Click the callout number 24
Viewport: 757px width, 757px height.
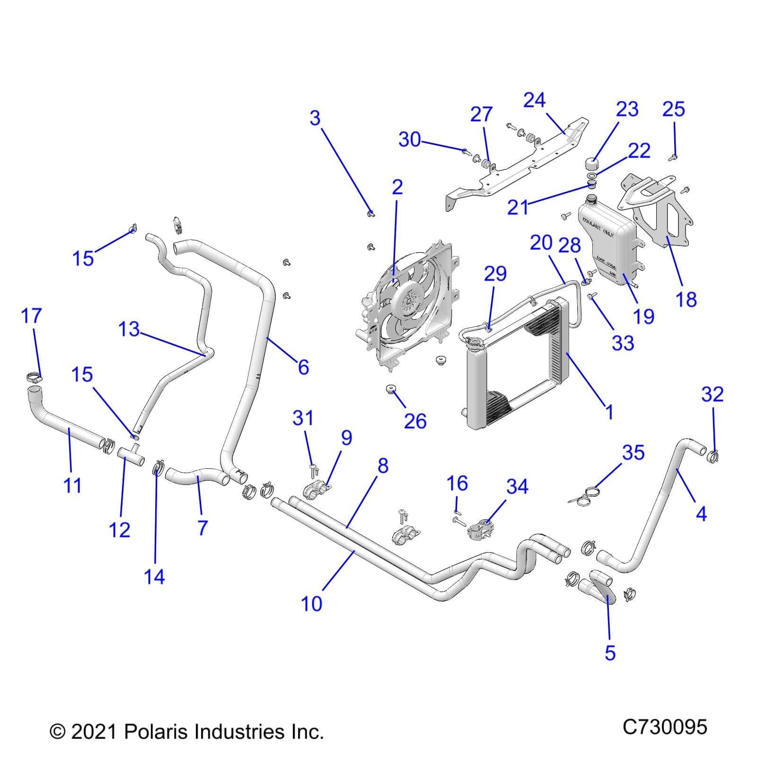535,100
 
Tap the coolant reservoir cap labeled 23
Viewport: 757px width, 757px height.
591,165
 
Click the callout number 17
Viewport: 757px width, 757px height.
32,316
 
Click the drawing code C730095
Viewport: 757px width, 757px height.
665,726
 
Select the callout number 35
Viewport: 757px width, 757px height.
633,453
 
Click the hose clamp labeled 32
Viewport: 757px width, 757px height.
714,457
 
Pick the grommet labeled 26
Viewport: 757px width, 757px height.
391,389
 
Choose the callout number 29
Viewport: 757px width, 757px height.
495,273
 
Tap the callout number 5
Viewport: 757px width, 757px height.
610,652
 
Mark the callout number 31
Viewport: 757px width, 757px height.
303,418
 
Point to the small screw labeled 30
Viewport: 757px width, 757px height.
465,151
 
